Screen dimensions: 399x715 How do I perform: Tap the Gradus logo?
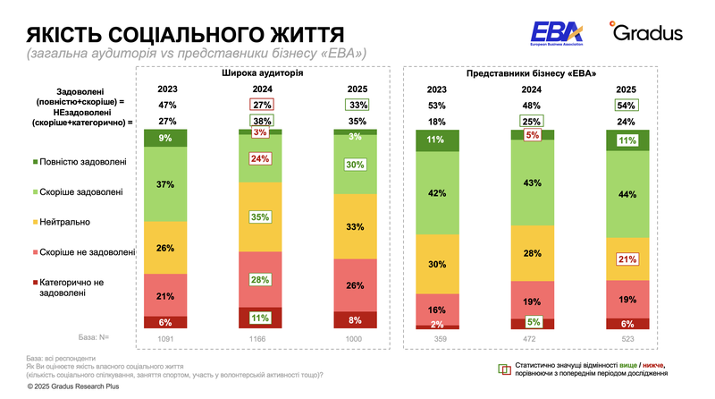pos(646,33)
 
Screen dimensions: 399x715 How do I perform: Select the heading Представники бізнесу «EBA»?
pos(532,73)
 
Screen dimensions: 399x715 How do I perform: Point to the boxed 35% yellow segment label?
pos(261,216)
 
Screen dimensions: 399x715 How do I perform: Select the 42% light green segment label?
pos(437,191)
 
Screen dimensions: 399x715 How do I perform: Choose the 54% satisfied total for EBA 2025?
pos(626,105)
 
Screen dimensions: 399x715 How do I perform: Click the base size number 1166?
pos(261,337)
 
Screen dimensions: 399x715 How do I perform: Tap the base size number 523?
pos(626,337)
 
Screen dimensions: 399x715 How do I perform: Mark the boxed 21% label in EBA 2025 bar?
pos(626,259)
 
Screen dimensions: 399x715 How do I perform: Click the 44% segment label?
pos(626,193)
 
